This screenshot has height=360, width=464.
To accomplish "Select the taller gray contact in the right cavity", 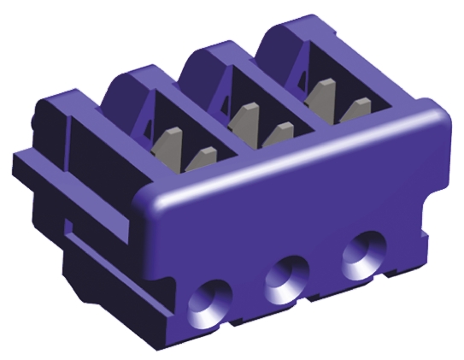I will point(320,91).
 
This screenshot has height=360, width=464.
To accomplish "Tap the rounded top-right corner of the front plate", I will point(436,115).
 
